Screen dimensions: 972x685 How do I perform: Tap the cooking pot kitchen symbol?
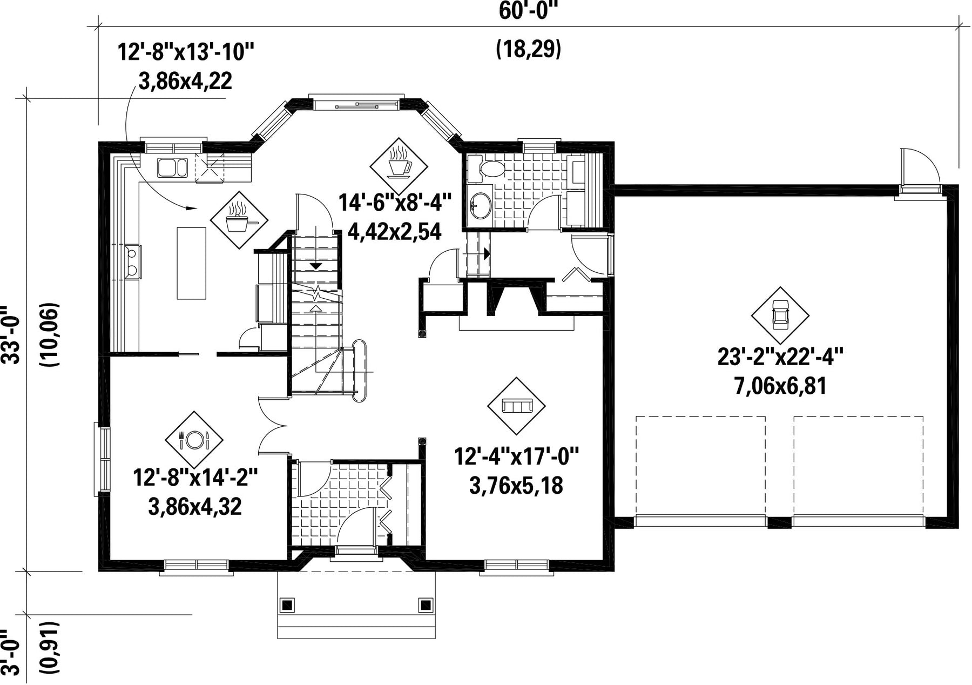pyautogui.click(x=238, y=219)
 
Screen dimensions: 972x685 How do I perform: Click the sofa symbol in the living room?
pyautogui.click(x=516, y=406)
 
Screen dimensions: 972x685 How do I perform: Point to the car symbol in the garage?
pyautogui.click(x=780, y=315)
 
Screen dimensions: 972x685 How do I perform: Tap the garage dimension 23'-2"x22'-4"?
pyautogui.click(x=780, y=358)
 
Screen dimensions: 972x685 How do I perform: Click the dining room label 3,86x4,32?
pyautogui.click(x=194, y=507)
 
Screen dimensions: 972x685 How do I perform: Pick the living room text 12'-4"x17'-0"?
pyautogui.click(x=516, y=456)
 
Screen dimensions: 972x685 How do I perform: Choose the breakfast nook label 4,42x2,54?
pyautogui.click(x=394, y=232)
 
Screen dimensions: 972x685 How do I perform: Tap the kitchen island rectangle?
pyautogui.click(x=192, y=263)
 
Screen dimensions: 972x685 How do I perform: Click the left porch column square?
pyautogui.click(x=287, y=603)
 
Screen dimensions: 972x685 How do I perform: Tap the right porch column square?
pyautogui.click(x=426, y=603)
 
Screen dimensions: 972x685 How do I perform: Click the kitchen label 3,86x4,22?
pyautogui.click(x=186, y=82)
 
